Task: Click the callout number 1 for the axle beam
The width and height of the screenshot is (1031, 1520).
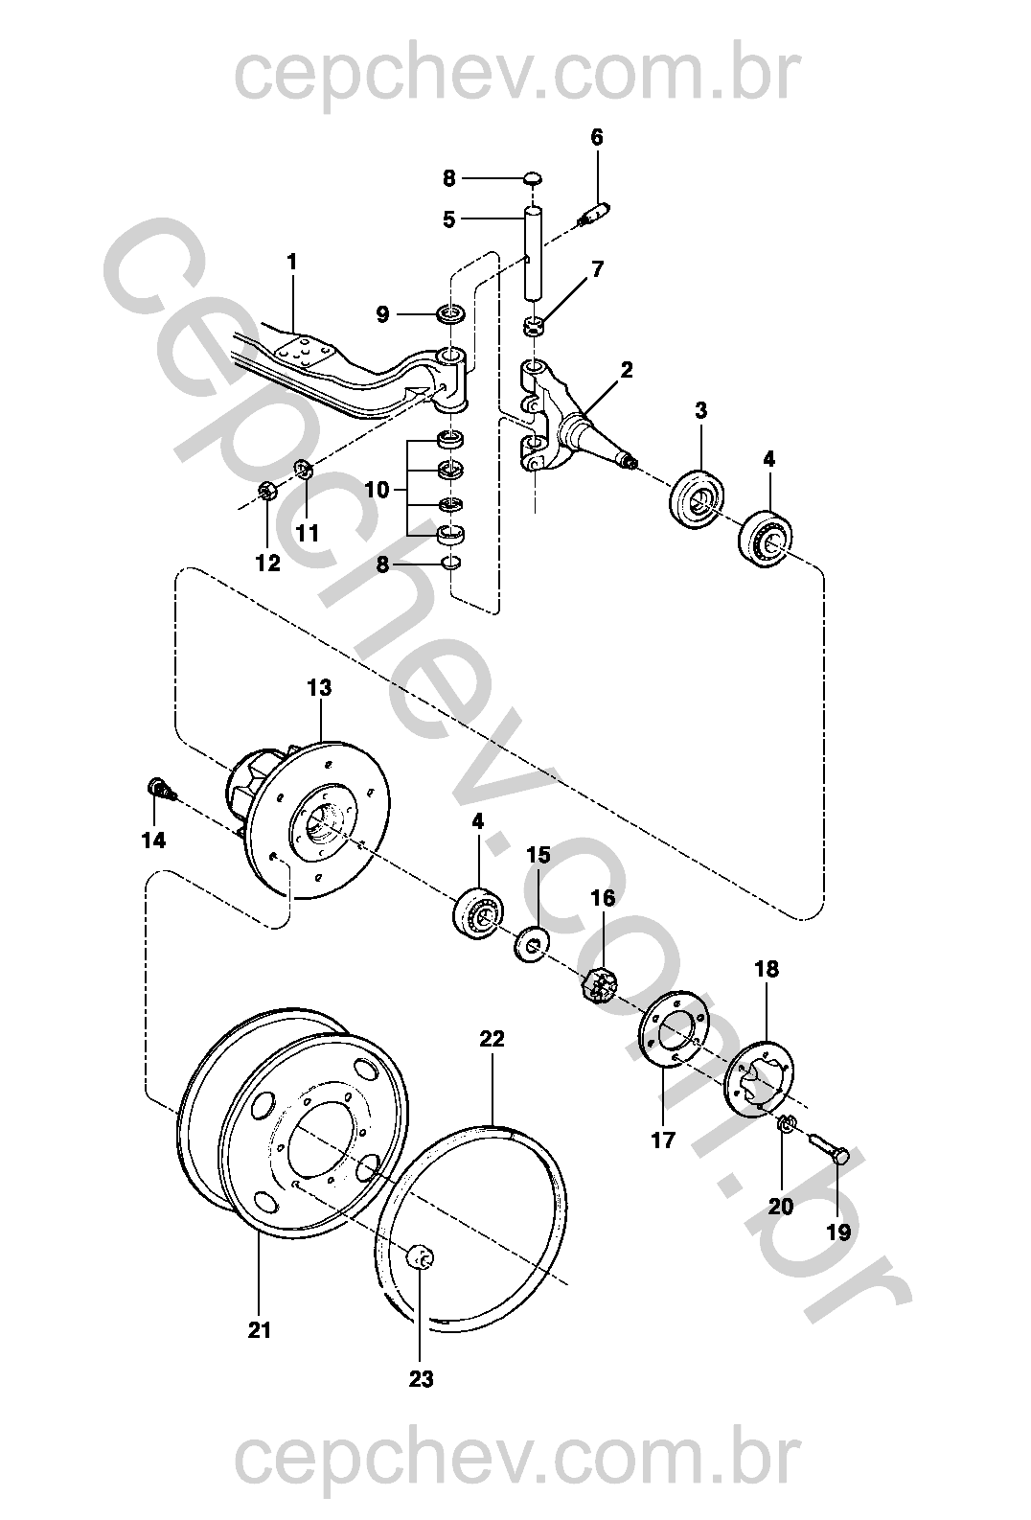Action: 292,262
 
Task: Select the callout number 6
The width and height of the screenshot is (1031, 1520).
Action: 596,137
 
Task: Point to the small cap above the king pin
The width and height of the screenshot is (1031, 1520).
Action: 533,178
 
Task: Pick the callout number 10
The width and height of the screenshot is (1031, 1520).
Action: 378,489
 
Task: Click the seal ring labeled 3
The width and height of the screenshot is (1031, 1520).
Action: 698,498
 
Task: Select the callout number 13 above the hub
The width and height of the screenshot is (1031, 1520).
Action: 319,687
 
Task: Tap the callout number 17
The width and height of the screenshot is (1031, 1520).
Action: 663,1140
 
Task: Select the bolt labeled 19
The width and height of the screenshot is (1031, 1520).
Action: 828,1150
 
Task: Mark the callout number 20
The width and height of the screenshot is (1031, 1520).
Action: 781,1207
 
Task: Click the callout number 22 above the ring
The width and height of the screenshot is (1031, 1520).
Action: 492,1039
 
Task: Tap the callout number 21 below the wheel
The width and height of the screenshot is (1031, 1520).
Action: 259,1330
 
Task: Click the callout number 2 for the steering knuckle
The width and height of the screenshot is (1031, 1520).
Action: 626,370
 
